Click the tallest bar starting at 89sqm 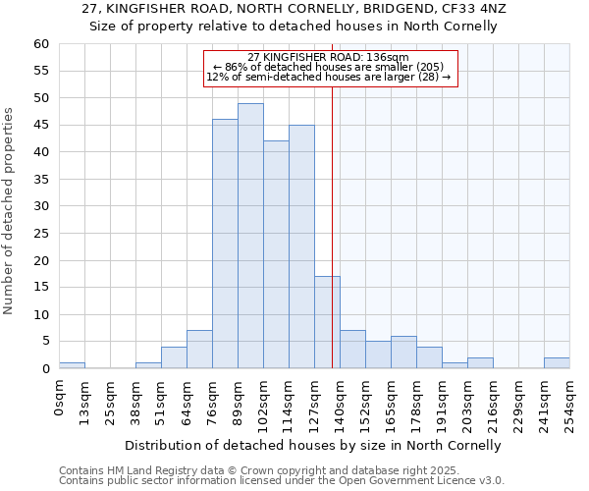250,236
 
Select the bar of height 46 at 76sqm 225,244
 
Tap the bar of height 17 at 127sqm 327,322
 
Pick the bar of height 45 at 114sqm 301,246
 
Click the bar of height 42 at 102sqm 276,254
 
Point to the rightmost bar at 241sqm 557,363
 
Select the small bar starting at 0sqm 72,365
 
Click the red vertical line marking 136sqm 332,245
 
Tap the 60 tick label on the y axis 40,44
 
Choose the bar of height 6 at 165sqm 403,353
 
